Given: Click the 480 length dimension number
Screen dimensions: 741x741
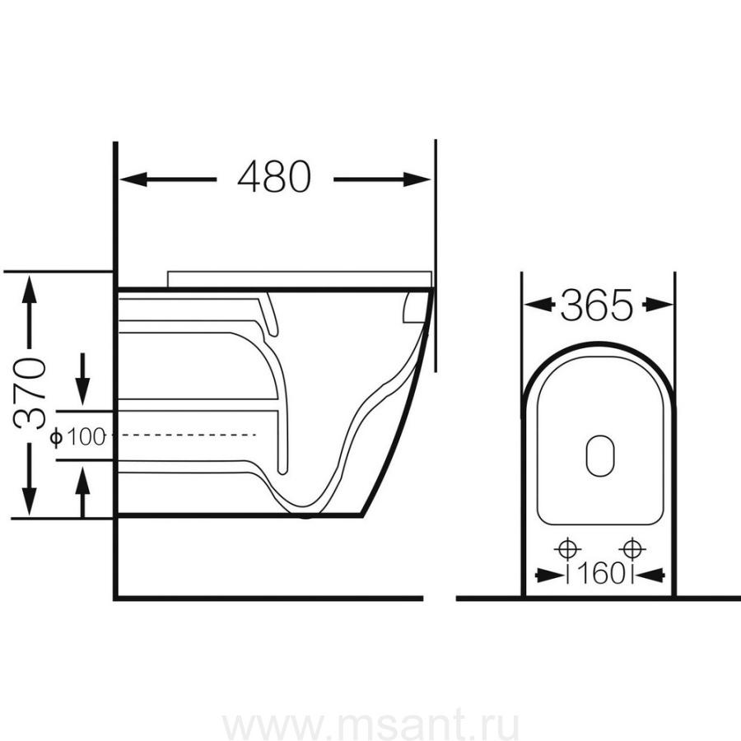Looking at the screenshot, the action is pos(274,177).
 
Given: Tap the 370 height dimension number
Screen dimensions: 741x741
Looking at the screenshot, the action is pos(30,394).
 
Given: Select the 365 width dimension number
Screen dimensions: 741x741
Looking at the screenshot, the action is pos(596,305).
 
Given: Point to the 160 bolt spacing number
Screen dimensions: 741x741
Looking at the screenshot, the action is pos(600,574).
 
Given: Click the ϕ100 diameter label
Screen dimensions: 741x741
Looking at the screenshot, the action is pos(77,437).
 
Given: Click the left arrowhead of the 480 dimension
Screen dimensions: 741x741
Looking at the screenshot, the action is pos(133,179).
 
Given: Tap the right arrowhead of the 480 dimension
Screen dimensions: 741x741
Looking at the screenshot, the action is pos(417,179).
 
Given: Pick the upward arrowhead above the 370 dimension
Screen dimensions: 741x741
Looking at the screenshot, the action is pos(30,290).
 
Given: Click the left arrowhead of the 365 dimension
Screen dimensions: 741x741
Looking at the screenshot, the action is pos(539,305).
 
